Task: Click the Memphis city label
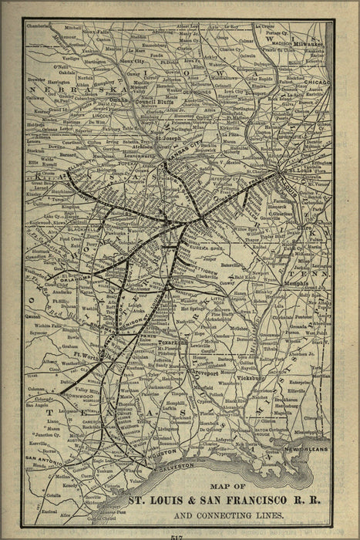[x=291, y=283]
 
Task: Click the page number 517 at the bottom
[x=179, y=535]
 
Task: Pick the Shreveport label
[x=208, y=367]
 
